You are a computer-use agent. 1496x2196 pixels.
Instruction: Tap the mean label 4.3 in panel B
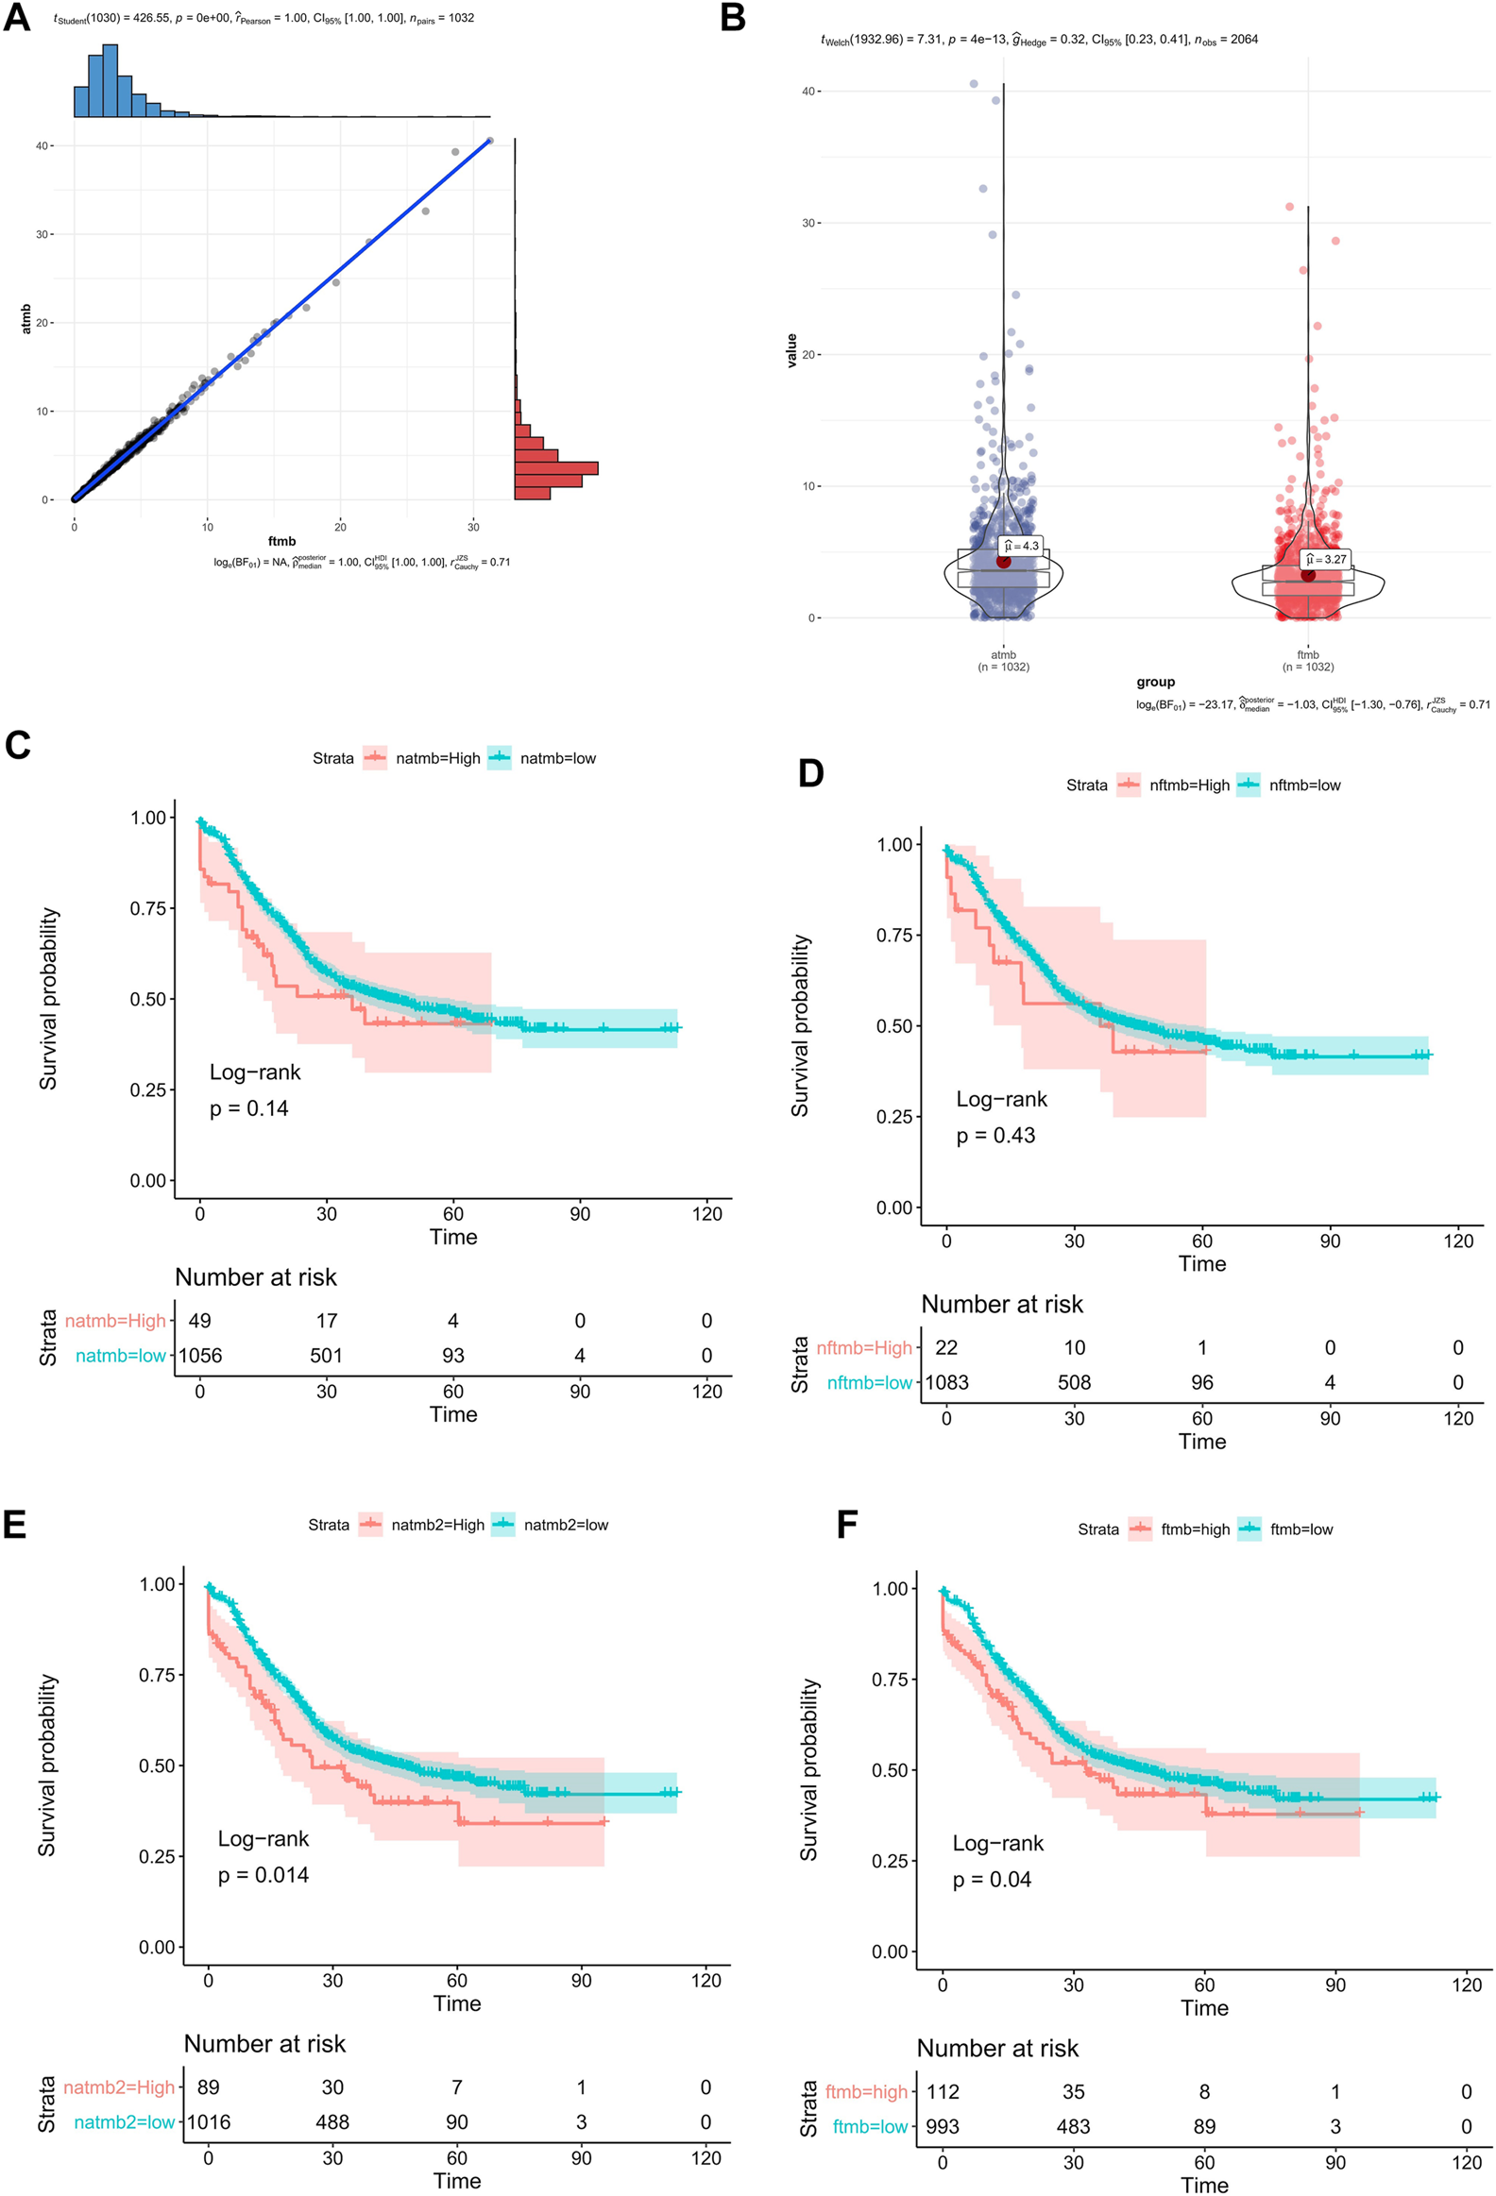coord(1022,545)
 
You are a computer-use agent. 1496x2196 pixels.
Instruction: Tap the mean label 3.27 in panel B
coord(1326,560)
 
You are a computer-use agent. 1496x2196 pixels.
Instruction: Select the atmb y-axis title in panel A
coord(26,318)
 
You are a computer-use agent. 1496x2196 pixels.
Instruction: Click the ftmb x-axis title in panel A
coord(281,541)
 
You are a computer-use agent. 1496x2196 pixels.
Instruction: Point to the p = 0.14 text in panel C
coord(248,1108)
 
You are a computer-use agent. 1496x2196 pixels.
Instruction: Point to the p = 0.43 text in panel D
coord(995,1135)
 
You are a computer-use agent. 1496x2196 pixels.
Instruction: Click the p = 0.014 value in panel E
coord(263,1875)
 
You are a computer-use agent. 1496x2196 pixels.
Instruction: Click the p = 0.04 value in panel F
coord(992,1880)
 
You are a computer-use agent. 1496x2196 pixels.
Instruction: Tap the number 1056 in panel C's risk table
coord(200,1355)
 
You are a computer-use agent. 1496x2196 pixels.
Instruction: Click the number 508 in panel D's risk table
coord(1075,1382)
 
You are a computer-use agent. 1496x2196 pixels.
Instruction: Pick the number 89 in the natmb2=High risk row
coord(208,2086)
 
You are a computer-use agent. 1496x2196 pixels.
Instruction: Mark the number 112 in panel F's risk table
coord(943,2091)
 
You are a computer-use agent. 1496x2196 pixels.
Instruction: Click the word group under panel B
coord(1155,682)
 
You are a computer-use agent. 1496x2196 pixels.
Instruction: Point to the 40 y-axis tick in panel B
coord(808,92)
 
